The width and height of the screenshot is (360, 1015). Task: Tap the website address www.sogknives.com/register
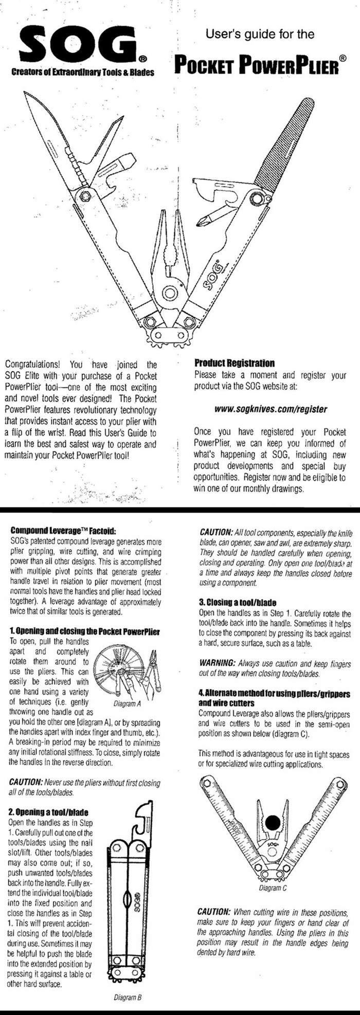[x=271, y=409]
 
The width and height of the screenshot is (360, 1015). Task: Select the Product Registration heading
[x=234, y=363]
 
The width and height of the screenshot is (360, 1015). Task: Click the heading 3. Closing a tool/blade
[x=238, y=602]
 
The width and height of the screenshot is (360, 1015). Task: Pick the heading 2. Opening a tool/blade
[x=49, y=812]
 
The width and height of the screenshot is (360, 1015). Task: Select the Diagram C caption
[x=273, y=888]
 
